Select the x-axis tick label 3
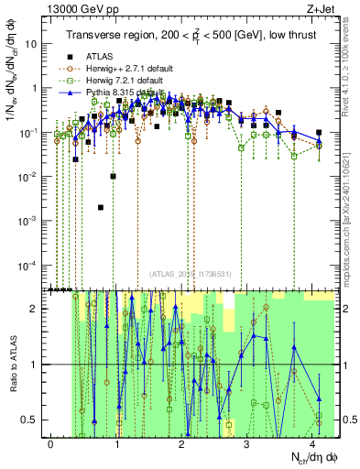click(248, 443)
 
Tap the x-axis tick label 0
click(51, 443)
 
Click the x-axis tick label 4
click(313, 443)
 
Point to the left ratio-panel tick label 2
click(36, 309)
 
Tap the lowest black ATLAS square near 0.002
click(100, 207)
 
